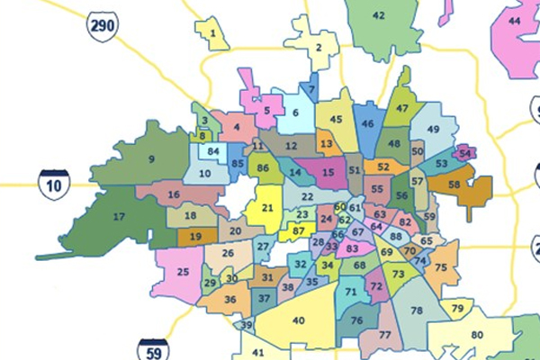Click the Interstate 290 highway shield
[103, 26]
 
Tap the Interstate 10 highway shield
[54, 184]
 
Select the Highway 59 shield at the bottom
[153, 349]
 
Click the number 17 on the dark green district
[119, 217]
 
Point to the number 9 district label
[151, 159]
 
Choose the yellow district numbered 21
[267, 207]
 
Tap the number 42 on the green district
[378, 15]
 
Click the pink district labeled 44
[515, 21]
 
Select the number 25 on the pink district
[184, 271]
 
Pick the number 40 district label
[299, 319]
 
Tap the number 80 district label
[477, 335]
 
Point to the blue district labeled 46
[367, 123]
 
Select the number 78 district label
[417, 310]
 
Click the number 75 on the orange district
[441, 268]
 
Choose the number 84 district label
[213, 152]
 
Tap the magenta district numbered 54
[464, 153]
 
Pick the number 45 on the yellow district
[337, 119]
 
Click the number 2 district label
[319, 48]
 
